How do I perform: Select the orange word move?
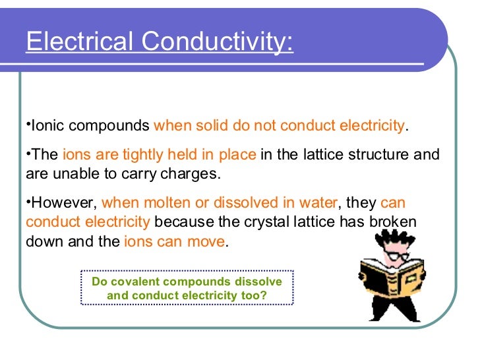click(x=207, y=241)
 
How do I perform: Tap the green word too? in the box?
click(x=253, y=295)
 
